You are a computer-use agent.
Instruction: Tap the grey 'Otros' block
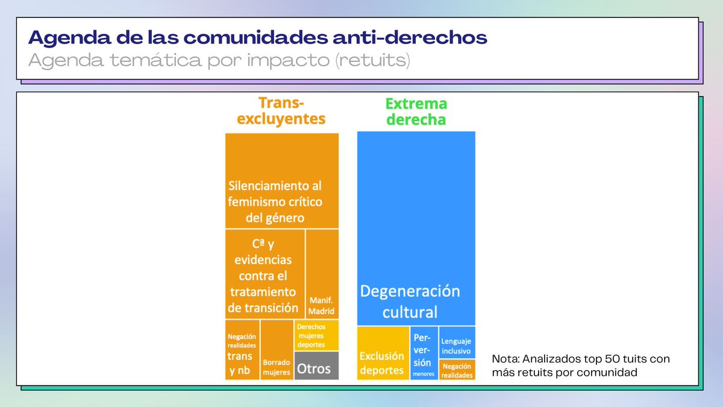pyautogui.click(x=316, y=366)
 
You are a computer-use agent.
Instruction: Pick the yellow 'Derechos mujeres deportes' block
pyautogui.click(x=316, y=335)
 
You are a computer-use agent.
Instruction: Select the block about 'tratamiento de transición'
pyautogui.click(x=264, y=274)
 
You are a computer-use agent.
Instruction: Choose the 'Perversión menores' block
pyautogui.click(x=424, y=353)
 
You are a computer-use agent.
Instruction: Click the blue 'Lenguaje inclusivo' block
pyautogui.click(x=457, y=342)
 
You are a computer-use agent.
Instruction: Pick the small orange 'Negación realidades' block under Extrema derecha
pyautogui.click(x=457, y=370)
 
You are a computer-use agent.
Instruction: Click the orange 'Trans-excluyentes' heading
pyautogui.click(x=281, y=111)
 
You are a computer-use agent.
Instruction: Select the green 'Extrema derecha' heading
pyautogui.click(x=416, y=112)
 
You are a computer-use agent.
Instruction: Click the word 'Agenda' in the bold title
pyautogui.click(x=58, y=38)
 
